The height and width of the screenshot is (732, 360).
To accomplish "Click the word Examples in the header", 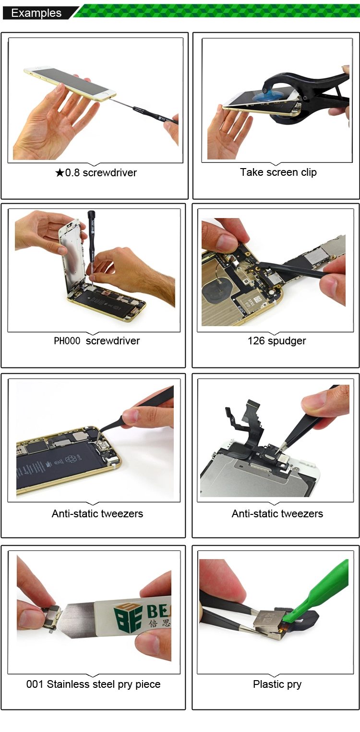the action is point(36,13).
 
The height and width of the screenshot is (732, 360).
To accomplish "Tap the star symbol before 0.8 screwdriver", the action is point(60,172).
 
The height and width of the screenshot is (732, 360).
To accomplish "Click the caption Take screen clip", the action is point(278,172).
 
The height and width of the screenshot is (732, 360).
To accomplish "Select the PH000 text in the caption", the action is point(67,341).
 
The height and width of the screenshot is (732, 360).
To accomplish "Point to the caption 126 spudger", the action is point(276,341).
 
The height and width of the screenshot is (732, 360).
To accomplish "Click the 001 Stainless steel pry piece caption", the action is point(94,684).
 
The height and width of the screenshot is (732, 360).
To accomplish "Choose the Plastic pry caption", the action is point(277,684).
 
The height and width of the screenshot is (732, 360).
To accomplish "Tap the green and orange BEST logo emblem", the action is point(128,618).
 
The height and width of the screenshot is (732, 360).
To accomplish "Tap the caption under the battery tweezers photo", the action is point(97,513).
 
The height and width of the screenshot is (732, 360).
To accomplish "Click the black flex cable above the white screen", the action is point(248,425).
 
